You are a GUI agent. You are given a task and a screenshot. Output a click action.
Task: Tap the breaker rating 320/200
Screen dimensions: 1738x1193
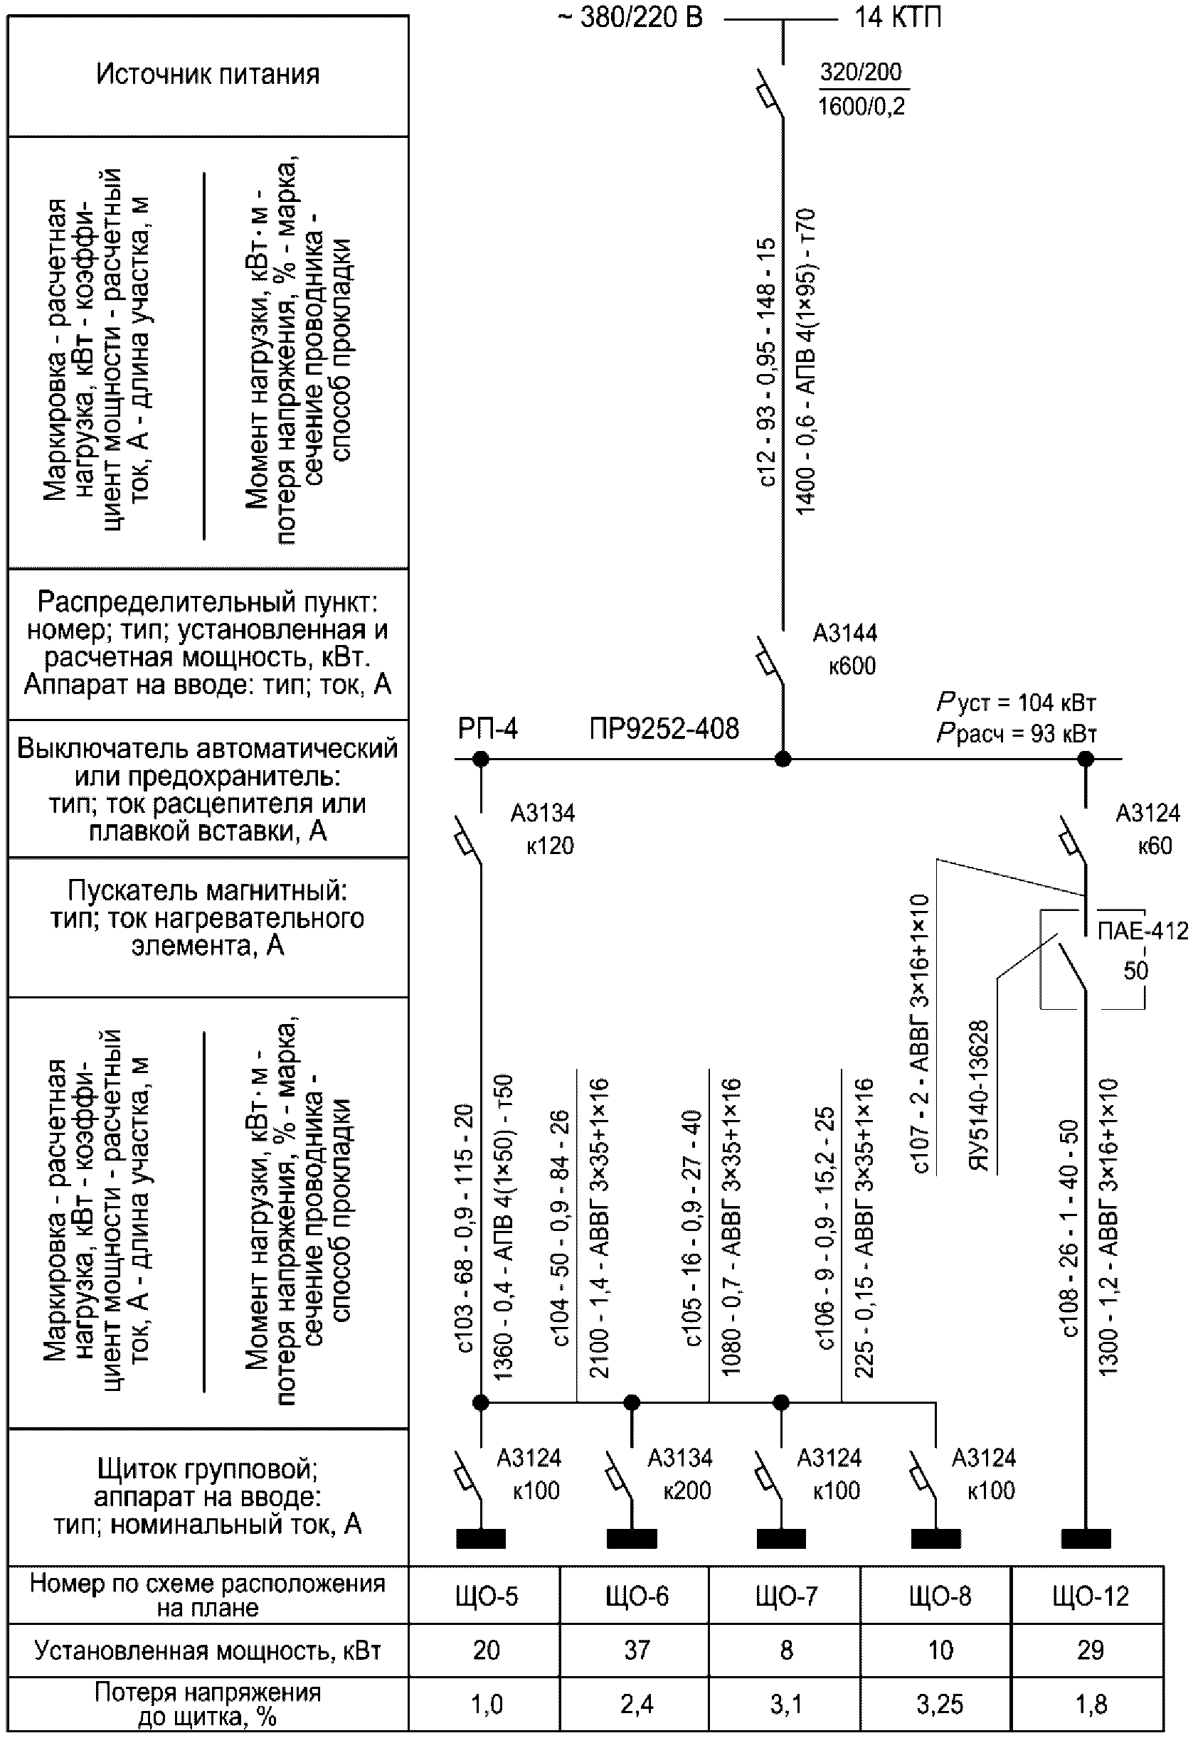coord(861,72)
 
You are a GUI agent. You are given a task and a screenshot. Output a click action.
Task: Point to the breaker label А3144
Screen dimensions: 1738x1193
coord(845,634)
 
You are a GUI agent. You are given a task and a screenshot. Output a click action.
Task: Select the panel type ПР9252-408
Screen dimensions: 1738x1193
coord(664,728)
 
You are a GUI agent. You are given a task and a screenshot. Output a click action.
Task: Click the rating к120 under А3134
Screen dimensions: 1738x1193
coord(550,846)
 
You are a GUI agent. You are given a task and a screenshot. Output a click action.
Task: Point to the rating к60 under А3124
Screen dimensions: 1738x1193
coord(1155,846)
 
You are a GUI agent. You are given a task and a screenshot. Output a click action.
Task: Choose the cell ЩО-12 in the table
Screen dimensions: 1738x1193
coord(1090,1596)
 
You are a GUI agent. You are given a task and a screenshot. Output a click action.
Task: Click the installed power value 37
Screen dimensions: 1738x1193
coord(637,1651)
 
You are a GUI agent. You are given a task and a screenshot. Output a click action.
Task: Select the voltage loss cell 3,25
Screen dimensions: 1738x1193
coord(940,1705)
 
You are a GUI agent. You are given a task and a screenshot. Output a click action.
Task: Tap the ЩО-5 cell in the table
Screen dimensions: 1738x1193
coord(486,1596)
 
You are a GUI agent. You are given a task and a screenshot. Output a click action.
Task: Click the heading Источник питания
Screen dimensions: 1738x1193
coord(208,75)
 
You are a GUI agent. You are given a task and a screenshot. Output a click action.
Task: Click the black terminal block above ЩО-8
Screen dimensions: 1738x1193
coord(935,1538)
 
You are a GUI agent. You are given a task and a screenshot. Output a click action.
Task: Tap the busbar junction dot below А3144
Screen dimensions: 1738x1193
coord(783,759)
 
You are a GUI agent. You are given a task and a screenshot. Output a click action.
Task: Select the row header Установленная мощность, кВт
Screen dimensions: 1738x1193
coord(208,1651)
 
